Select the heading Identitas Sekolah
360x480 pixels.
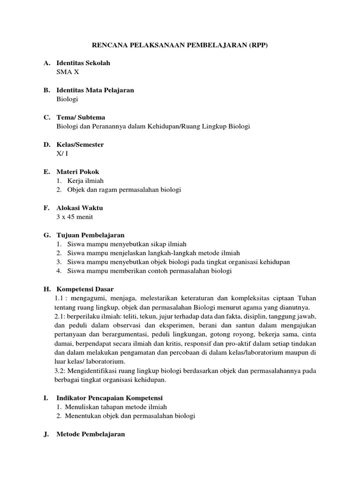(83, 63)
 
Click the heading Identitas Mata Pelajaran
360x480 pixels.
(95, 90)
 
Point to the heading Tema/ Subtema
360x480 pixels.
(81, 117)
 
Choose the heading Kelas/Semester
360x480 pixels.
(80, 145)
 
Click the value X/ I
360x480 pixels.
(62, 154)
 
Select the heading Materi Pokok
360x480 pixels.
(77, 172)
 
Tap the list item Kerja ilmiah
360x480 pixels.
(85, 180)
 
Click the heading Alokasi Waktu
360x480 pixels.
(79, 208)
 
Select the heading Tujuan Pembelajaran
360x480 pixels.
(90, 235)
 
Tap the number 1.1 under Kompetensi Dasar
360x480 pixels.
(59, 298)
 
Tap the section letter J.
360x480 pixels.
(45, 434)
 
